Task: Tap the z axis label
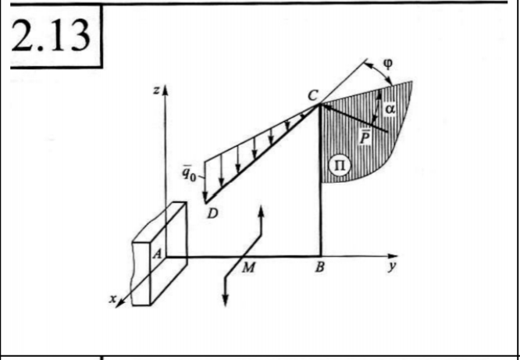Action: point(155,92)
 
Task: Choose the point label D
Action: point(212,214)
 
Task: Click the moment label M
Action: point(249,268)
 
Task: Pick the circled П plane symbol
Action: point(341,164)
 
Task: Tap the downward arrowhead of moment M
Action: point(226,300)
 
